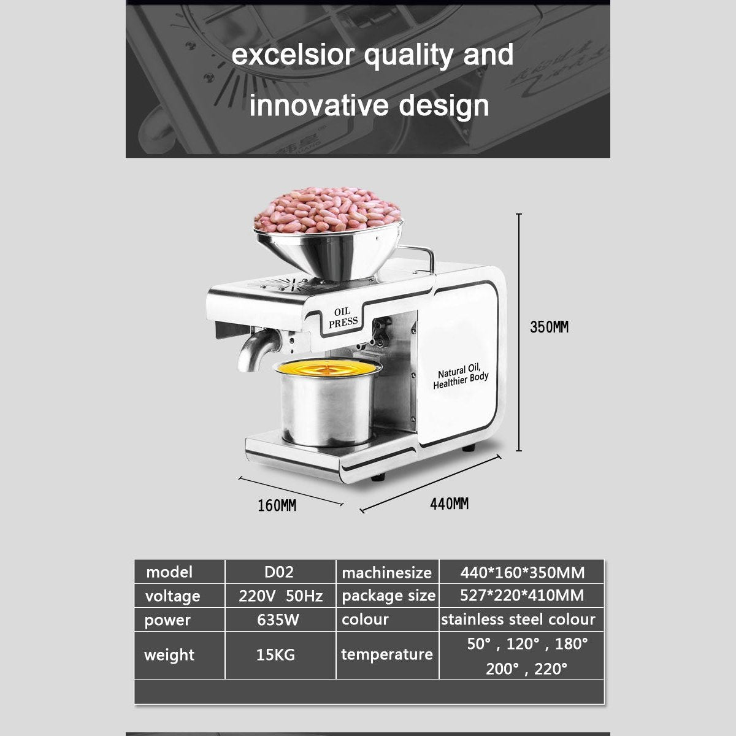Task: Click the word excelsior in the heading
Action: tap(293, 55)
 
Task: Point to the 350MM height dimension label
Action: tap(549, 327)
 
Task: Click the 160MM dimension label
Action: tap(277, 505)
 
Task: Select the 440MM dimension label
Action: tap(449, 504)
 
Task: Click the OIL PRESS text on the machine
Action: tap(343, 317)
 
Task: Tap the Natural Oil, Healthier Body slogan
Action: tap(461, 378)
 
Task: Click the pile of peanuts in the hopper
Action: tap(328, 210)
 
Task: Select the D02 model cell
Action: tap(279, 572)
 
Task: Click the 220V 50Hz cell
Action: tap(281, 596)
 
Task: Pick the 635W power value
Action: tap(278, 619)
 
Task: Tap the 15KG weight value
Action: tap(275, 654)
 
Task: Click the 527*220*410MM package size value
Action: tap(522, 596)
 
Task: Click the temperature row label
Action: tap(387, 654)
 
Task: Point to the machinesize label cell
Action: tap(386, 572)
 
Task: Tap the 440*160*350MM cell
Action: tap(522, 572)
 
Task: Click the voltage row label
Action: tap(172, 596)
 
